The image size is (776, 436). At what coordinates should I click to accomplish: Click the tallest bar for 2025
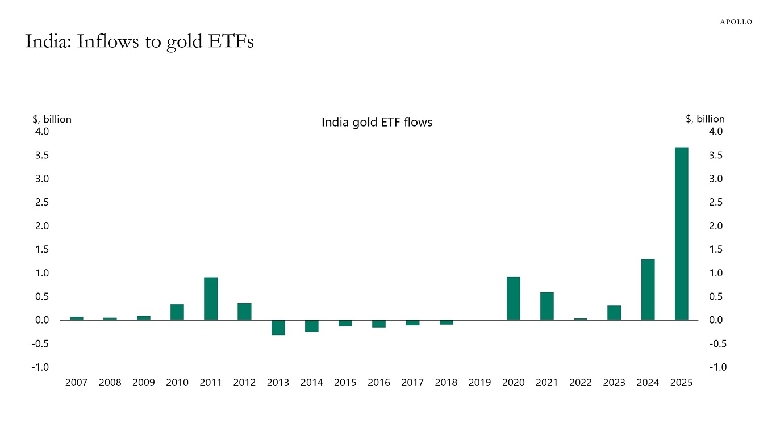pos(681,233)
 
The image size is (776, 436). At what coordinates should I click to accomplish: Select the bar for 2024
pos(648,290)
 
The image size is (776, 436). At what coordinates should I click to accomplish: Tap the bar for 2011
pos(211,299)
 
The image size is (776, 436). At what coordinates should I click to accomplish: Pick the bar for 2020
pos(513,299)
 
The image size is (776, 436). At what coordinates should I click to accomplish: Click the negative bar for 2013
pos(278,328)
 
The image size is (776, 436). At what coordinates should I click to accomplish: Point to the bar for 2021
pos(546,306)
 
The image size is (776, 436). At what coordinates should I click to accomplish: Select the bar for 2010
pos(177,312)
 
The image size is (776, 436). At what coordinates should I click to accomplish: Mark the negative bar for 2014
pos(311,326)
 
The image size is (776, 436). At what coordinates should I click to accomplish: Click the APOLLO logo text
pos(736,22)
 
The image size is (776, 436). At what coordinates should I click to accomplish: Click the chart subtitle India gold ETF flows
pos(377,122)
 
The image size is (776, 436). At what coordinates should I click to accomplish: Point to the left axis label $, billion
pos(52,119)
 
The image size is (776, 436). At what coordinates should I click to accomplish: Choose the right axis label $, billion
pos(705,119)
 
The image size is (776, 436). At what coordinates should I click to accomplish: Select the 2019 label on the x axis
pos(479,383)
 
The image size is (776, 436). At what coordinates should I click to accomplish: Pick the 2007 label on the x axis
pos(76,383)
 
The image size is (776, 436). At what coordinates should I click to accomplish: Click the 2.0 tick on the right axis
pos(715,226)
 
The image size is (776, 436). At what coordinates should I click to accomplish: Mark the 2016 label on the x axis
pos(378,383)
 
